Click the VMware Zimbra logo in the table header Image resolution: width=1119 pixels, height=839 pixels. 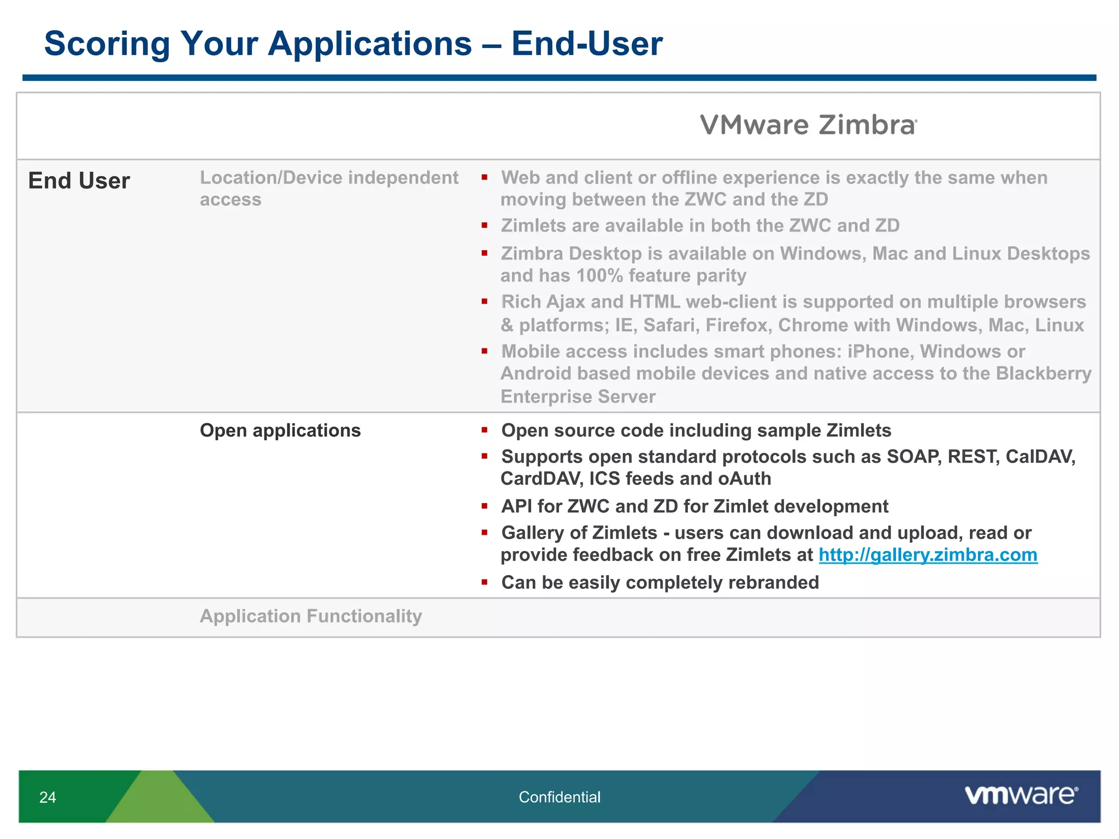click(x=808, y=125)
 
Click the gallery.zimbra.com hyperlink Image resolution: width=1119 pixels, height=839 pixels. click(x=928, y=555)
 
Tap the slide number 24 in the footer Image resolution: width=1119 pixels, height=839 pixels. click(x=48, y=797)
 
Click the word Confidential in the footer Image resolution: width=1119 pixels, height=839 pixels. click(x=559, y=797)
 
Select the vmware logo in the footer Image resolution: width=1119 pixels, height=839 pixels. click(x=1021, y=795)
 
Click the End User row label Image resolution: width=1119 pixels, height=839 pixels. click(x=79, y=181)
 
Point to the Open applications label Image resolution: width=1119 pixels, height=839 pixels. click(x=280, y=430)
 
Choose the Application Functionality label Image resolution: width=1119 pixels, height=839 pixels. click(x=311, y=616)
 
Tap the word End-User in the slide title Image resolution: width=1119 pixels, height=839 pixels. click(x=587, y=44)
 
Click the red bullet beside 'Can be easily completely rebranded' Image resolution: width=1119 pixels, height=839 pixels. click(x=485, y=582)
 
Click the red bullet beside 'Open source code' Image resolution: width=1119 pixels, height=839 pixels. click(x=485, y=430)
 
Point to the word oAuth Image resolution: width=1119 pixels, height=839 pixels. click(x=745, y=479)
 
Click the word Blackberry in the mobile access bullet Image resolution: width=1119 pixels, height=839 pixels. click(x=1044, y=374)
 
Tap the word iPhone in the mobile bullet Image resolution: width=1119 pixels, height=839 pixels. click(x=880, y=351)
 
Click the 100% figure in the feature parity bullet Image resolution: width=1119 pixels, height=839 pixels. click(x=599, y=276)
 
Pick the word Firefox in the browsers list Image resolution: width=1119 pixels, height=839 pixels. click(x=738, y=326)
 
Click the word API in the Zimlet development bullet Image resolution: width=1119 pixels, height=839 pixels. click(x=516, y=506)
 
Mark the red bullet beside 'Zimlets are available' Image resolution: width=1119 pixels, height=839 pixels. click(x=485, y=225)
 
